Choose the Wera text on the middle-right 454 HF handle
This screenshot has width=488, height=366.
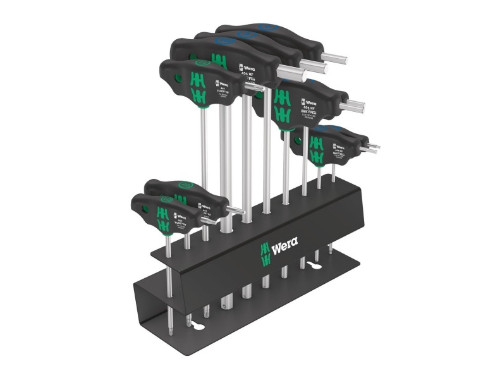308,102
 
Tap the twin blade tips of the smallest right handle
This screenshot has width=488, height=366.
372,148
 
